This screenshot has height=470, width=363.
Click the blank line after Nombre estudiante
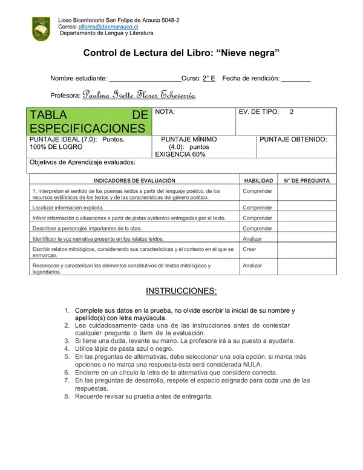[x=145, y=79]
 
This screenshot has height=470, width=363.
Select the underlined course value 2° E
[x=209, y=79]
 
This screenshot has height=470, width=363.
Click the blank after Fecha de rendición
[x=296, y=79]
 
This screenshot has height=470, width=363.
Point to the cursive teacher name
[x=139, y=95]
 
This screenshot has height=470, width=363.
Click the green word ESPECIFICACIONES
[x=87, y=128]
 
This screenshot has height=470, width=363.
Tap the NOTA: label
[x=165, y=113]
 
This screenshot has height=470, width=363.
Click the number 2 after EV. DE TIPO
[x=292, y=113]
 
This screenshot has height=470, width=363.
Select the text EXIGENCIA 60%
[x=180, y=154]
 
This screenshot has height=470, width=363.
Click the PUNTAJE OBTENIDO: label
[x=293, y=139]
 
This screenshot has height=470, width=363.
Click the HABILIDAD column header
[x=258, y=180]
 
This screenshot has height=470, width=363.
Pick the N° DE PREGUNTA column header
[x=307, y=180]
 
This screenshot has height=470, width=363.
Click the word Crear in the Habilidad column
[x=249, y=249]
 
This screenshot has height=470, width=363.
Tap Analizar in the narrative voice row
[x=252, y=238]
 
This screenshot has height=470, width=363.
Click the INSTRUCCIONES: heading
[x=181, y=291]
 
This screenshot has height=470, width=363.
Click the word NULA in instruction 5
[x=250, y=365]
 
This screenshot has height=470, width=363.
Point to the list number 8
[x=67, y=397]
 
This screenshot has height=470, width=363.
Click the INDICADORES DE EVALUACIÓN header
[x=134, y=180]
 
